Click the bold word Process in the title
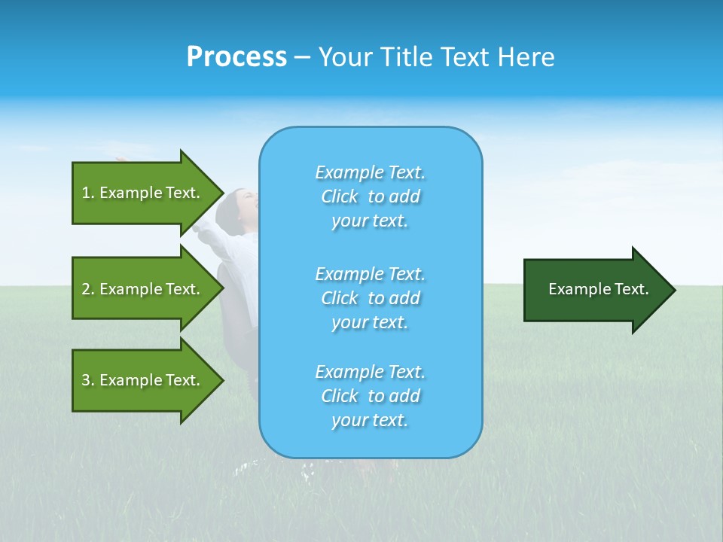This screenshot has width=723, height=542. click(x=236, y=57)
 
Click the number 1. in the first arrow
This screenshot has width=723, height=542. click(x=88, y=193)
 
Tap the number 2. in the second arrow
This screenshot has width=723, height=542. click(x=88, y=289)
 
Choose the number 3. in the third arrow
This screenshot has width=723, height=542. click(x=88, y=380)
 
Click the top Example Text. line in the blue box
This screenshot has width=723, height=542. click(x=370, y=172)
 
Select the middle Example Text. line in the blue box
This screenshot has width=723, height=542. click(x=370, y=273)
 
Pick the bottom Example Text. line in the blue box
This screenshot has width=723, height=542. click(x=370, y=372)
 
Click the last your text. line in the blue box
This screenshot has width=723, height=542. click(x=370, y=420)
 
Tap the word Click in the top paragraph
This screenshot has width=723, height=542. click(x=340, y=196)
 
